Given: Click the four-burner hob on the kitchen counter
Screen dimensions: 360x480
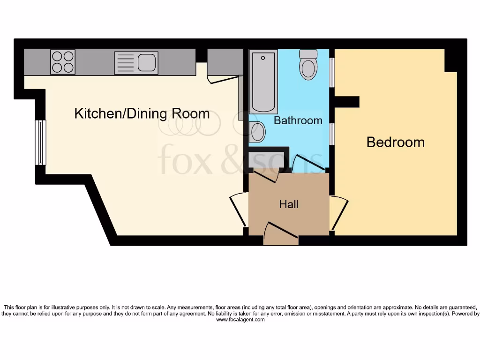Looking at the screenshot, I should [63, 62].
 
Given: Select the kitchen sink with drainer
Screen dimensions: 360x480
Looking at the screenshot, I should [136, 63].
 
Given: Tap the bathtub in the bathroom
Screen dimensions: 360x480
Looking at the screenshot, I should [263, 81].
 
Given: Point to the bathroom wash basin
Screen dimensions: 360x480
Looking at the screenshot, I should [257, 132].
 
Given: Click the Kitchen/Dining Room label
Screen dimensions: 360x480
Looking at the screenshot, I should [142, 113].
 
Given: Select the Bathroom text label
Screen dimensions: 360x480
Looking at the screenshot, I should [298, 120].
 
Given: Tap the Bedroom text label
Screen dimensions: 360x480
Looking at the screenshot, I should [395, 142].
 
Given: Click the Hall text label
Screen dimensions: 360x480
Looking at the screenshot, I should [289, 204].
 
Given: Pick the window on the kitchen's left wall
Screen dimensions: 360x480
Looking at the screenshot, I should [41, 142].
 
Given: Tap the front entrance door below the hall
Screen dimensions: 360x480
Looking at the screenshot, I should [281, 233].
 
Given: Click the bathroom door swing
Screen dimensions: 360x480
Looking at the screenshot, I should [307, 163].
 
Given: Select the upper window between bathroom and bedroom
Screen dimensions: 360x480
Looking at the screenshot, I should [332, 72].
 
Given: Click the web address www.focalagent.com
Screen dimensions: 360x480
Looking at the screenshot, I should [240, 320].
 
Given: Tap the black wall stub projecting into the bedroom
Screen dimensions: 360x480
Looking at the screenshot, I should [347, 102].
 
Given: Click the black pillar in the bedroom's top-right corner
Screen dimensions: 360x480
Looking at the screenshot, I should [450, 60].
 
